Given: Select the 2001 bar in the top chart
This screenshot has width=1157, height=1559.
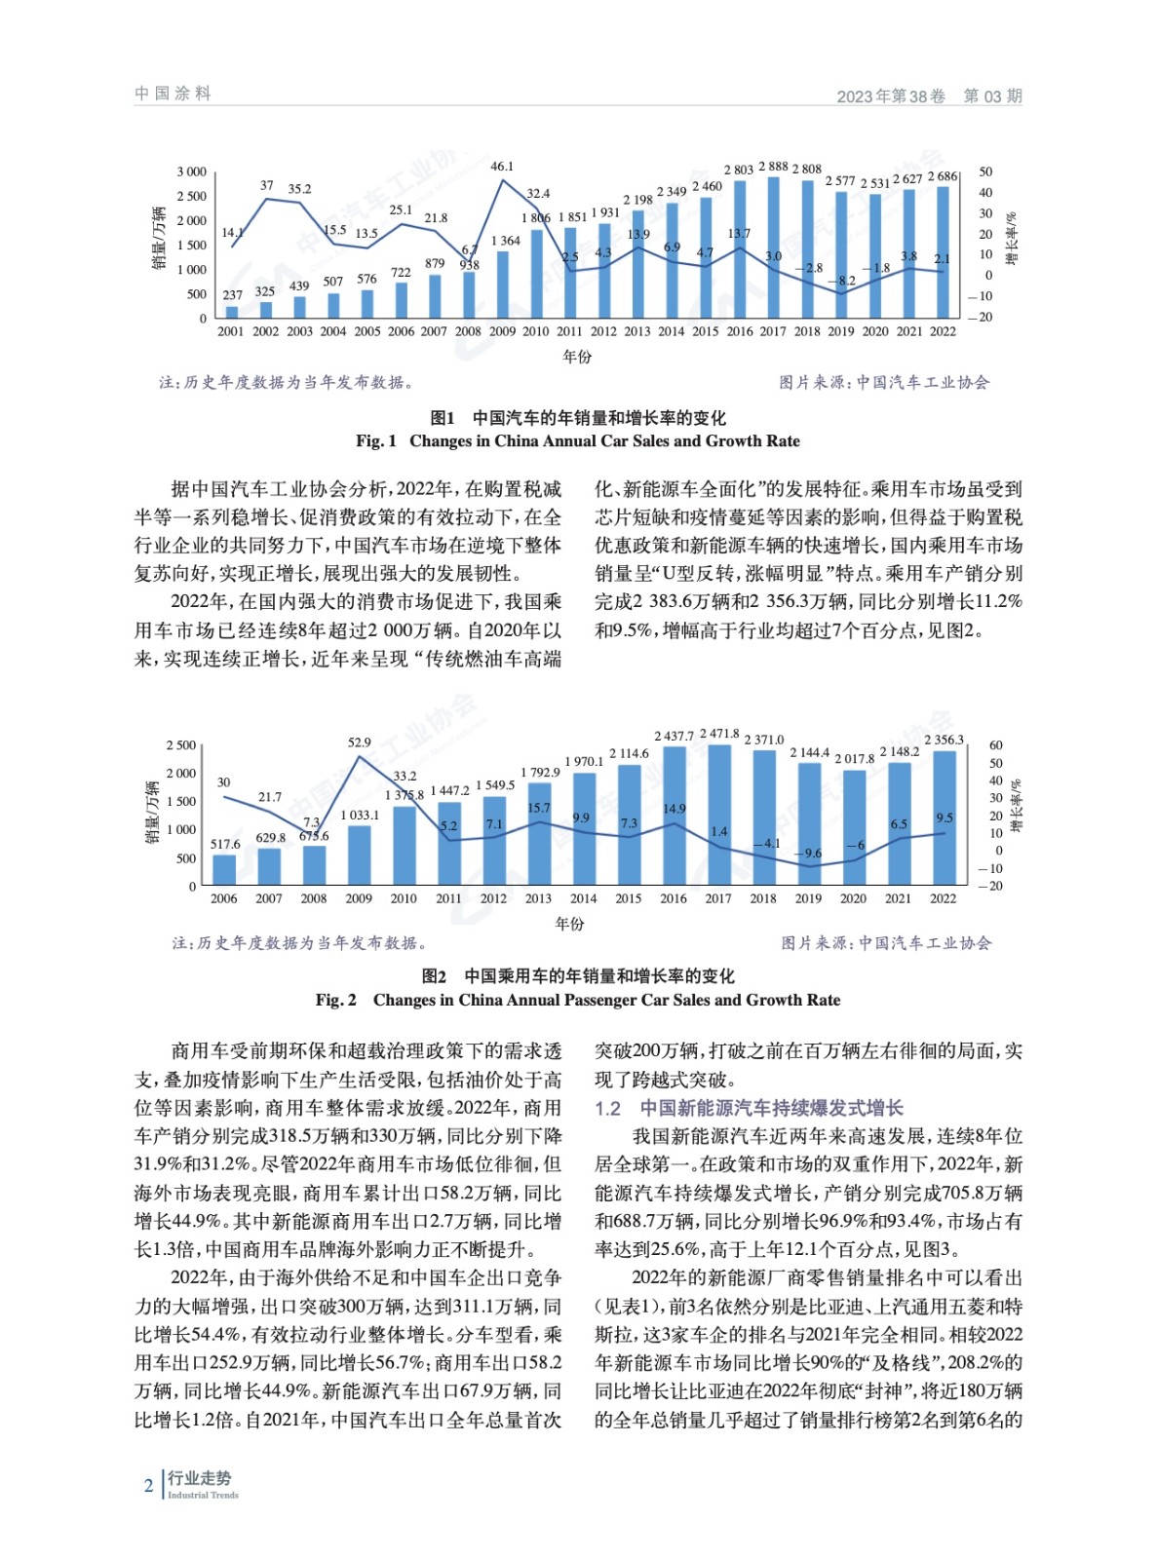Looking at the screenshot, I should (x=231, y=312).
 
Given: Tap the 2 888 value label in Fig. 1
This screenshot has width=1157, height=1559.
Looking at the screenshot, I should (x=773, y=167).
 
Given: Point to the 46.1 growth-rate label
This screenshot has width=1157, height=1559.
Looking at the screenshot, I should (x=502, y=167).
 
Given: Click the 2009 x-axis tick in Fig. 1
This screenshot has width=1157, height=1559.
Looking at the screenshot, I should (x=502, y=331).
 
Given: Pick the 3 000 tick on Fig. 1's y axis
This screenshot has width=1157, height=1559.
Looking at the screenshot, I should (x=192, y=171).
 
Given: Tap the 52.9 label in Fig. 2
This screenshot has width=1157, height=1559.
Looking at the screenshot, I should (x=359, y=742).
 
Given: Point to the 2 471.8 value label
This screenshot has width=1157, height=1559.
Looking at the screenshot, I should (x=719, y=734).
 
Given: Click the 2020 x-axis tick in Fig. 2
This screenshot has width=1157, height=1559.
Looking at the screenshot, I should (x=853, y=898).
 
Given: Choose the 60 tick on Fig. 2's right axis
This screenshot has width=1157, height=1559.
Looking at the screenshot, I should (x=995, y=745).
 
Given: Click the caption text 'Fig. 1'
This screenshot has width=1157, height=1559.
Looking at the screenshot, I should (x=376, y=441).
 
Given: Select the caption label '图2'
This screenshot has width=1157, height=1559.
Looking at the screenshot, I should (x=434, y=976).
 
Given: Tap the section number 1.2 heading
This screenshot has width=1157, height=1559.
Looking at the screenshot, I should (x=608, y=1108).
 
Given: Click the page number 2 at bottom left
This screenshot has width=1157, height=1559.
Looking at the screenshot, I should (x=148, y=1486).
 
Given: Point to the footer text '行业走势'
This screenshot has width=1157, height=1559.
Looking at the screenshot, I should (x=199, y=1478).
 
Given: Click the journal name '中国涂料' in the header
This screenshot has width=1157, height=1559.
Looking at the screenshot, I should (x=173, y=94).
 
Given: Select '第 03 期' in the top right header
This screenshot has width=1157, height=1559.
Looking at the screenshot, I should (x=992, y=95).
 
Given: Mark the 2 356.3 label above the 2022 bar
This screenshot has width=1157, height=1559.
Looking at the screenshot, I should (x=944, y=740).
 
